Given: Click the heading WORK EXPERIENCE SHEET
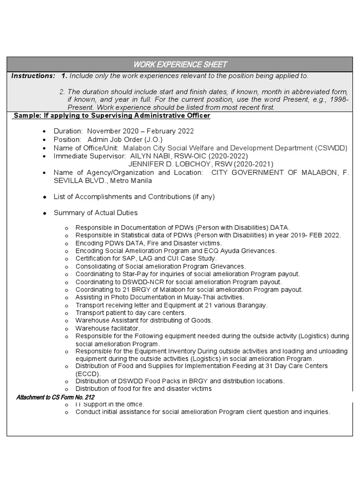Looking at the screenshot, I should pyautogui.click(x=180, y=64).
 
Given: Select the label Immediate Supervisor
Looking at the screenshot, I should pyautogui.click(x=89, y=156).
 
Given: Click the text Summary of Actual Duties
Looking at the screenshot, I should pyautogui.click(x=96, y=213).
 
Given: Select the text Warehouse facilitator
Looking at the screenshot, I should pyautogui.click(x=107, y=328).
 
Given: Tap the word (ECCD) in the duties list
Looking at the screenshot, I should pyautogui.click(x=88, y=374).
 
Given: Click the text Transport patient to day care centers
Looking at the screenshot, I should pyautogui.click(x=130, y=313).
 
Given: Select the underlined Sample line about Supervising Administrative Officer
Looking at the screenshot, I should pyautogui.click(x=112, y=116).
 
